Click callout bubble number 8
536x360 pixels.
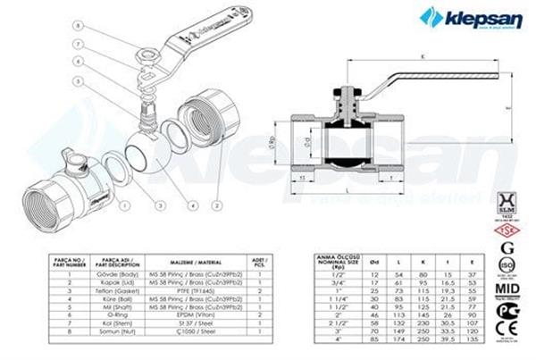click(x=78, y=27)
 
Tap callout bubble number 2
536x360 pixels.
click(x=216, y=179)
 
